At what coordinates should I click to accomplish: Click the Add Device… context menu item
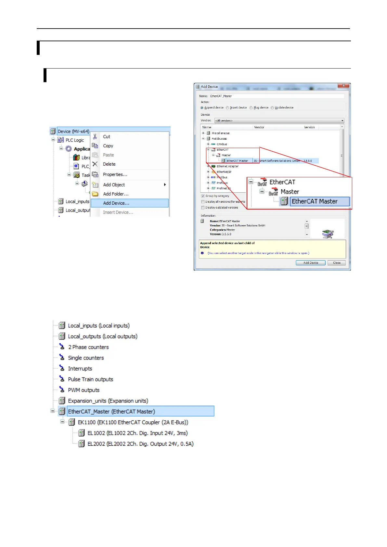coord(116,203)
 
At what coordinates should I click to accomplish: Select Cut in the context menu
coord(107,137)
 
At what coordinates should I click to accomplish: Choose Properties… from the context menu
coord(115,174)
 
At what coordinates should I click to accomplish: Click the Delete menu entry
coord(109,164)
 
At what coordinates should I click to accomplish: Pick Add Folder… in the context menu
coord(116,194)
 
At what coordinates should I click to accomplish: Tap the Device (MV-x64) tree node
coord(73,131)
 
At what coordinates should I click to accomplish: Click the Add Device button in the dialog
coord(310,263)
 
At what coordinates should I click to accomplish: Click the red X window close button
coord(343,86)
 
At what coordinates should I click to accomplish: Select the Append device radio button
coord(202,108)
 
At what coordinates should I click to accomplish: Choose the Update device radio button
coord(272,108)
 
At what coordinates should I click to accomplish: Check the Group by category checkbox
coord(203,196)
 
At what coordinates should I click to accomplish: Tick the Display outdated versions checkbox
coord(203,208)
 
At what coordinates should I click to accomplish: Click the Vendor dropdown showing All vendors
coord(279,121)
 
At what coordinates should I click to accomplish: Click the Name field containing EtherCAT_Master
coord(276,96)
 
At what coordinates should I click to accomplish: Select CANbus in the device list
coord(222,144)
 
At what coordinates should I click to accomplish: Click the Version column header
coord(309,127)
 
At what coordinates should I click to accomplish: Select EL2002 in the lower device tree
coord(140,444)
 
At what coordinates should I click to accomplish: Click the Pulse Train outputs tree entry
coord(90,379)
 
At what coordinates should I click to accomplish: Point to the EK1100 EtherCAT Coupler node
coord(133,422)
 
